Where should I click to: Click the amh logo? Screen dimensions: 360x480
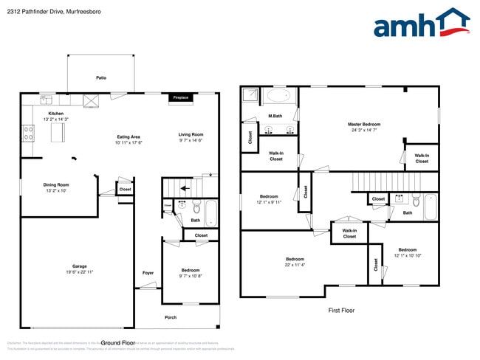(x=421, y=24)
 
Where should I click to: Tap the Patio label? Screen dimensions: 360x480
(x=100, y=77)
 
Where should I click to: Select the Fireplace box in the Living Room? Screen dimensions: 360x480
(x=180, y=97)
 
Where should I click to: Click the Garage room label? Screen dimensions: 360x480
(x=79, y=266)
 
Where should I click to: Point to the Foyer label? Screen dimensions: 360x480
(x=148, y=273)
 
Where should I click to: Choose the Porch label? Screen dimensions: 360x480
(x=171, y=317)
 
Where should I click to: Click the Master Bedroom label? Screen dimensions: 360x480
(x=364, y=124)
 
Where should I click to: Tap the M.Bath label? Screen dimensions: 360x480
(x=275, y=116)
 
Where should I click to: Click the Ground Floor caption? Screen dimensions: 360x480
(x=118, y=343)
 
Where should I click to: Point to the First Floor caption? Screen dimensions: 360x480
(x=341, y=311)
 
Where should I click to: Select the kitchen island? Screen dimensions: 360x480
(x=58, y=132)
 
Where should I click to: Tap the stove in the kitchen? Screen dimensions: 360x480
(x=29, y=134)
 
